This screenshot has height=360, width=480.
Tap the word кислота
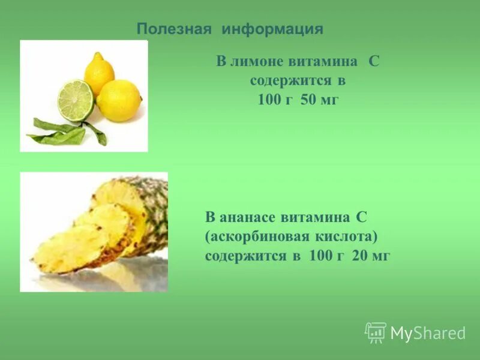click(350, 236)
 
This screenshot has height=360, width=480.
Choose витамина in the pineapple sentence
click(321, 217)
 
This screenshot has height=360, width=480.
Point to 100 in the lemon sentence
click(268, 100)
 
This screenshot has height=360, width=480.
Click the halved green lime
click(76, 100)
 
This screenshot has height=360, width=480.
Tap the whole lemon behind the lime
click(99, 71)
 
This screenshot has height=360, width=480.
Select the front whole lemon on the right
click(119, 100)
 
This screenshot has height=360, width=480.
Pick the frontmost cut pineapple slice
click(69, 249)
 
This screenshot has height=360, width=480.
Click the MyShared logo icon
click(376, 332)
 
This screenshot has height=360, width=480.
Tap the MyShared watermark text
click(428, 334)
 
